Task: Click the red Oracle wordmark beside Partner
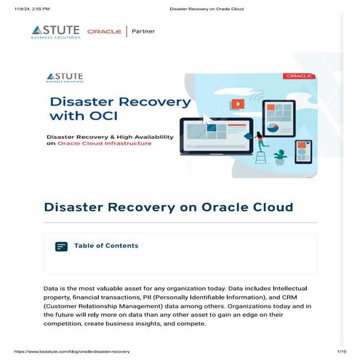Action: point(104,31)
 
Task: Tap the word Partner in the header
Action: point(143,31)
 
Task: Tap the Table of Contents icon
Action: point(62,247)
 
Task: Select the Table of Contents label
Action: point(106,246)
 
